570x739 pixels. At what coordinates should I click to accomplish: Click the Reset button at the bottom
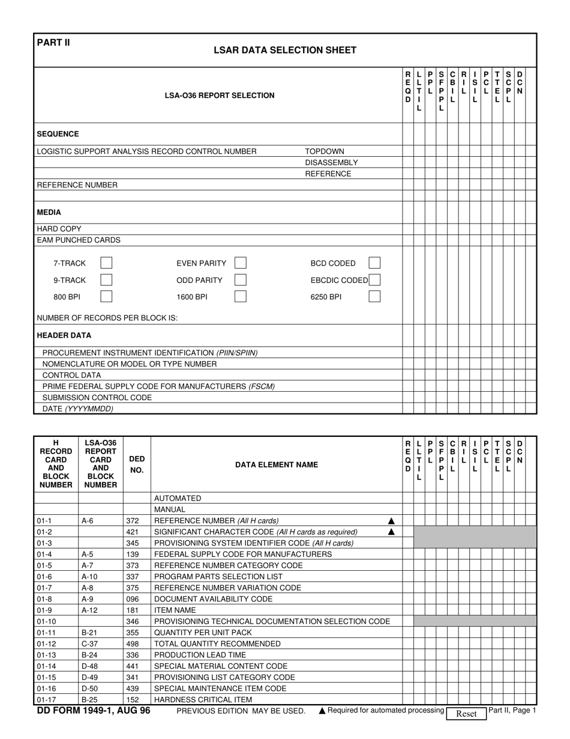pos(466,714)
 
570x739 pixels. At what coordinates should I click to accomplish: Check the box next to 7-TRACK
pos(106,263)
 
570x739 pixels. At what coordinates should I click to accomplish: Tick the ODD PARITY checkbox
pos(240,280)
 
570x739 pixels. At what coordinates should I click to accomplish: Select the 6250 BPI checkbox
pos(374,296)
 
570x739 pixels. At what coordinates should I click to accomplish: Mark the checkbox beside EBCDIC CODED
pos(374,280)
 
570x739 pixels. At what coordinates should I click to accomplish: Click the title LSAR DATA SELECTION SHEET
pos(285,50)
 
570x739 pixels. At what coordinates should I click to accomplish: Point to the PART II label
pos(53,42)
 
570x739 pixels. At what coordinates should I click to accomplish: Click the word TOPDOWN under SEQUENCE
pos(325,151)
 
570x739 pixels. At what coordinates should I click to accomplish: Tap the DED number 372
pos(133,521)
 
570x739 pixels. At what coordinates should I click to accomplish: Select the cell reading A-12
pos(89,610)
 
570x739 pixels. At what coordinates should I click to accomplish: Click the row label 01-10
pos(47,621)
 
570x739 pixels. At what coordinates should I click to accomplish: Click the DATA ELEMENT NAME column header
pos(277,464)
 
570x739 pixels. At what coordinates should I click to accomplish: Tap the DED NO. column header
pos(137,464)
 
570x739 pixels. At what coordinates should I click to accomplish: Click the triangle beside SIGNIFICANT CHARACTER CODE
pos(391,532)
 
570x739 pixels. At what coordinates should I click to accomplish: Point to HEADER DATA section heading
pos(64,335)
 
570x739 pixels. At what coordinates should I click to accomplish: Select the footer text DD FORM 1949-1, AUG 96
pos(94,711)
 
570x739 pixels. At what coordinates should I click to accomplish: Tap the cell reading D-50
pos(89,689)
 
